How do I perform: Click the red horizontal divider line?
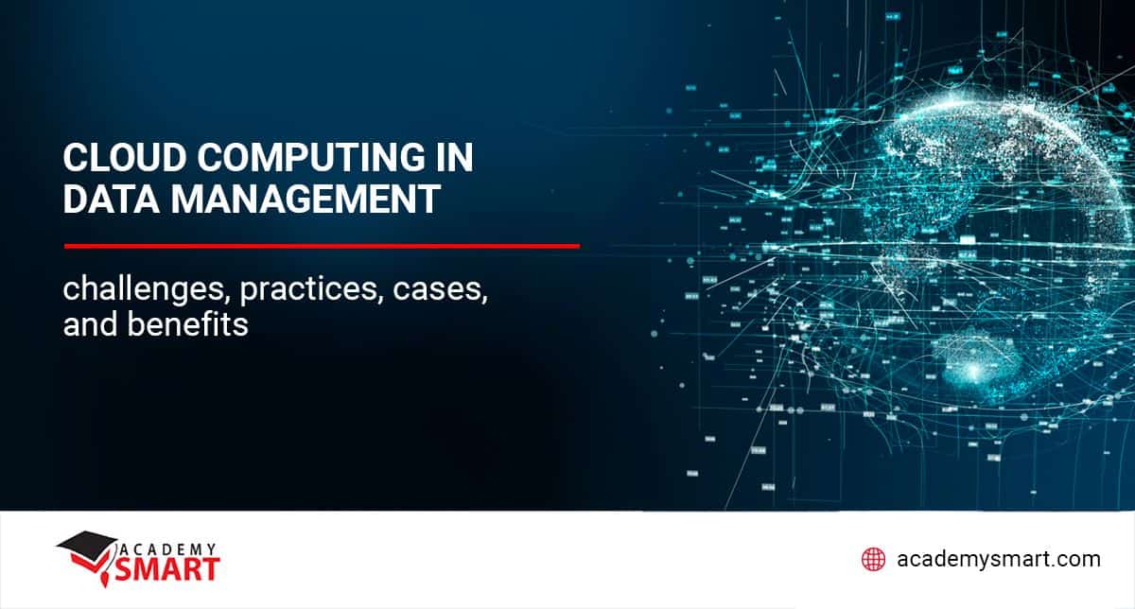coord(322,246)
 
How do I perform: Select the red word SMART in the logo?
coord(167,569)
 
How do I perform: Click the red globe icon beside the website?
coord(873,559)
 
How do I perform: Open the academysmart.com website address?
coord(998,559)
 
